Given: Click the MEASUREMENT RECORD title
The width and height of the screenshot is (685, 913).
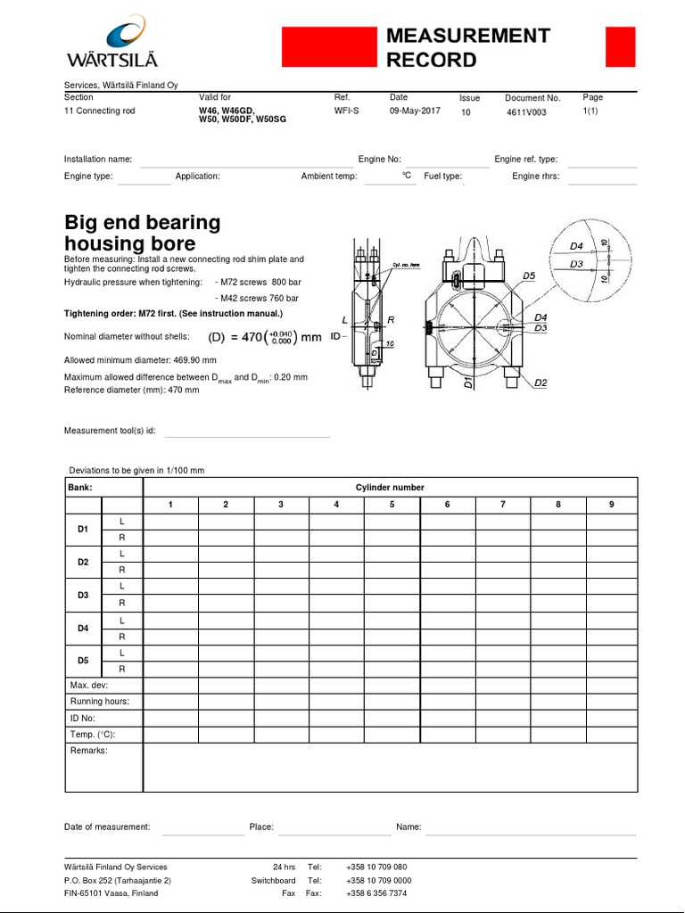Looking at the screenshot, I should tap(467, 48).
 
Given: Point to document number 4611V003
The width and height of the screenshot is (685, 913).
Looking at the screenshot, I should tap(526, 113).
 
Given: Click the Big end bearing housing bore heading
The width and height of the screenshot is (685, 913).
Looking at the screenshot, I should tap(142, 233).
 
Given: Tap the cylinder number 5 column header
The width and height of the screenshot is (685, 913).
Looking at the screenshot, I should tap(392, 505).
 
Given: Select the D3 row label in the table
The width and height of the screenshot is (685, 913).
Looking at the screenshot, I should tap(83, 595).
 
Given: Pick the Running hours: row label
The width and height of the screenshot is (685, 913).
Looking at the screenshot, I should tap(99, 702).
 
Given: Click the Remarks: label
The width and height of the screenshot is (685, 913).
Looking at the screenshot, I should tap(88, 752).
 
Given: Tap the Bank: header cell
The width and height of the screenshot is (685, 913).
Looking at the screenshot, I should tap(81, 488).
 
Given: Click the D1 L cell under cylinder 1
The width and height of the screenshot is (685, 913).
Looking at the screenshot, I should tap(170, 522).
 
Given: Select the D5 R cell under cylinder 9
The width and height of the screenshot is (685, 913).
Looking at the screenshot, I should tap(612, 669).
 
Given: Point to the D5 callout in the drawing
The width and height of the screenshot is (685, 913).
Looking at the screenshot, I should tap(529, 276).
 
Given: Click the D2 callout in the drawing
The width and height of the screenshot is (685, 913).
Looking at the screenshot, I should tap(541, 383).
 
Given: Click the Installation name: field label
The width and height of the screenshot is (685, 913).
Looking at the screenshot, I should tap(98, 159).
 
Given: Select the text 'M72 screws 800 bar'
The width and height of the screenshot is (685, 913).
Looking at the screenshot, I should tap(260, 282).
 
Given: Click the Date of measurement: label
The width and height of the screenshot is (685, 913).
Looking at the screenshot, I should tap(107, 827).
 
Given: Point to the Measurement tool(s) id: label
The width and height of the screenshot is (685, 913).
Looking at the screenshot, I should tap(110, 431).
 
